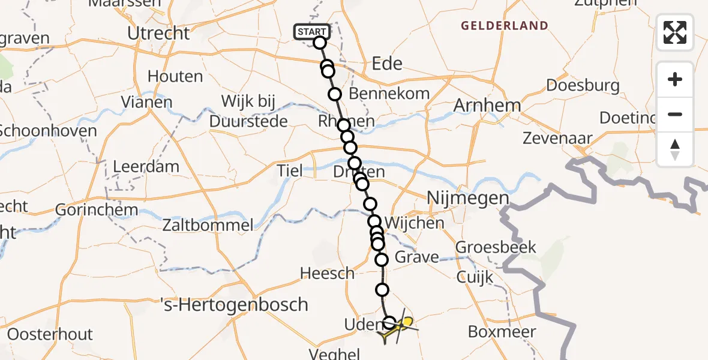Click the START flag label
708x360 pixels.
tap(311, 31)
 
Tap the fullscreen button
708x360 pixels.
tap(675, 32)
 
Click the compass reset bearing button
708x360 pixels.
tap(675, 149)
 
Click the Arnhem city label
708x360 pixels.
tap(487, 106)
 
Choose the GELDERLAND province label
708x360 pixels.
tap(504, 26)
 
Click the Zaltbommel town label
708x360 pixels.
tap(208, 226)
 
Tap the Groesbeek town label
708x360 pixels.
tap(496, 247)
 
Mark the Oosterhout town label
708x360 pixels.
tap(50, 334)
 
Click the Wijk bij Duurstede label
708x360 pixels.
tap(248, 111)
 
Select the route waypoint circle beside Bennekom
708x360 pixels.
tap(334, 94)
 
